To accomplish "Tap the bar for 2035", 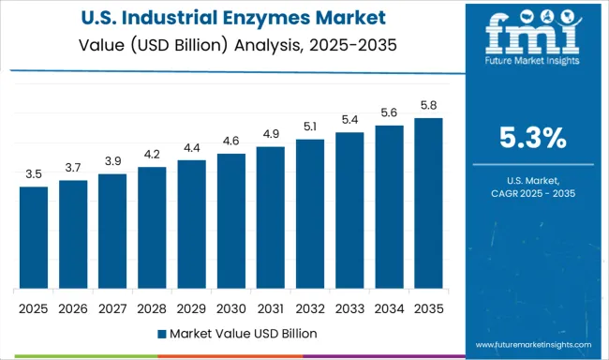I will tap(428, 202).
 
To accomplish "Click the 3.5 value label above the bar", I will tap(33, 174).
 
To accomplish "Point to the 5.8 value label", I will tap(428, 106).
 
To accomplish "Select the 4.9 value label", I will tap(270, 134).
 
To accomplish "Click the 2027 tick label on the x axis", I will tap(112, 307).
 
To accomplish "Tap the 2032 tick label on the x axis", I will tap(310, 307).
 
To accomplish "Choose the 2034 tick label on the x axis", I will tap(389, 307).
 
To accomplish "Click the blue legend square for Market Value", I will tap(161, 333).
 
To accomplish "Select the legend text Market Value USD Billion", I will tap(243, 333).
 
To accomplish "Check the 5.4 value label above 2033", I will tap(349, 121).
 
